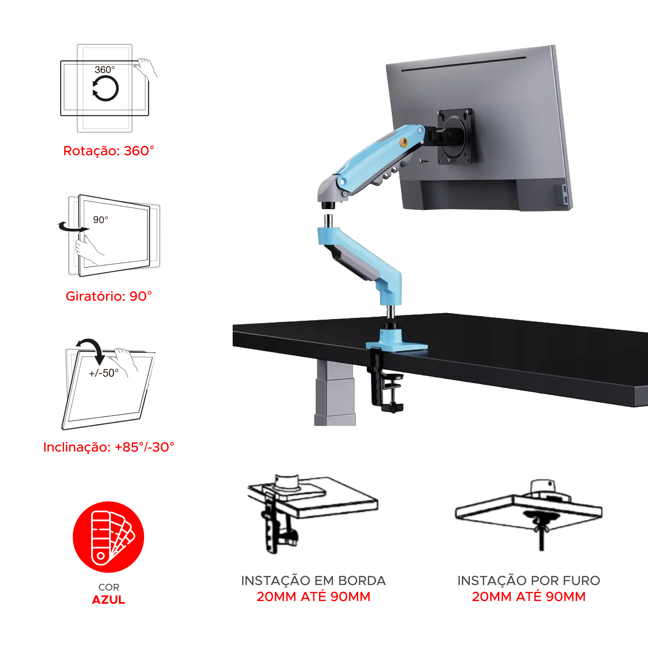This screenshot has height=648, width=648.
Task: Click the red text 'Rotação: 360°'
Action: (x=109, y=151)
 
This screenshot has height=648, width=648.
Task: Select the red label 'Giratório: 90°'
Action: (x=109, y=296)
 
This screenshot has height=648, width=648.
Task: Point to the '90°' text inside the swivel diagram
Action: (x=101, y=220)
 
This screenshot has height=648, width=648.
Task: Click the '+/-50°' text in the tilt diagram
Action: (x=104, y=373)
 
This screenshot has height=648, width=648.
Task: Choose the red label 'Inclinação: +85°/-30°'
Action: (x=109, y=447)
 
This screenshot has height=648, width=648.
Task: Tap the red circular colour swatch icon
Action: (x=108, y=537)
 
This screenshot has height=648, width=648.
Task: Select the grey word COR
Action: (x=109, y=587)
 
